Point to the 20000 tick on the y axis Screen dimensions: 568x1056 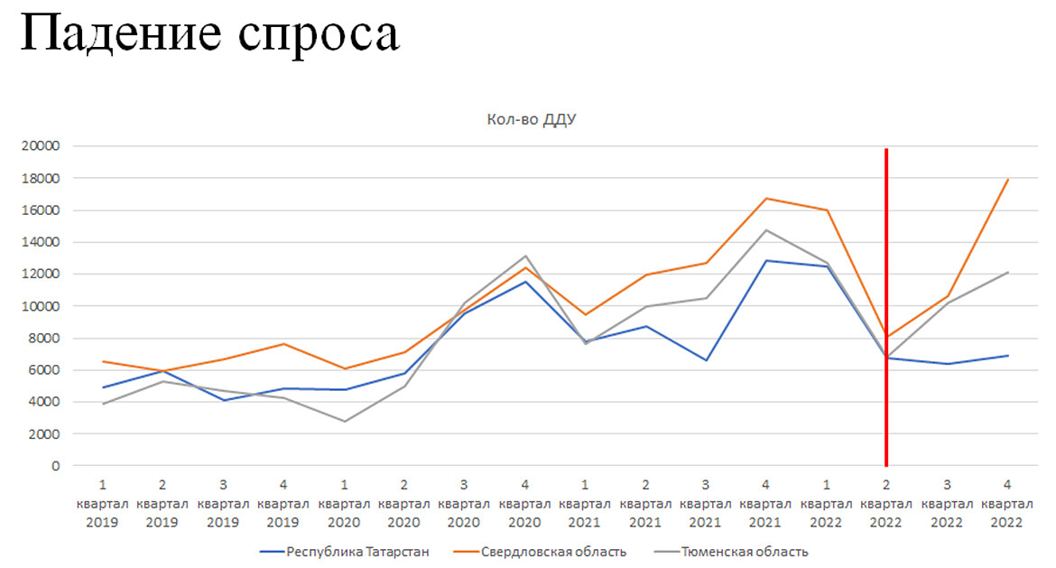(41, 146)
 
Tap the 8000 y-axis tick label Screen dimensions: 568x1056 (44, 339)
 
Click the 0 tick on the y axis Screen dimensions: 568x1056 (55, 466)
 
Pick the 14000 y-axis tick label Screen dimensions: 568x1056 (41, 242)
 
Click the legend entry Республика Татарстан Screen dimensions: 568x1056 (347, 551)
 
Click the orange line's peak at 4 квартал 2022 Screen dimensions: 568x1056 (1008, 179)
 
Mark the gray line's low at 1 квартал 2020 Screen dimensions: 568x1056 (344, 422)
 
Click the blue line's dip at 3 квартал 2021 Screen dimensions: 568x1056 (706, 360)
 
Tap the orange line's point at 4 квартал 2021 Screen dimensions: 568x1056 (766, 199)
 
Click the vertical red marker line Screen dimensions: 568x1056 (886, 271)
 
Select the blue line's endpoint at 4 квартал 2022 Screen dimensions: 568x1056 (1008, 356)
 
